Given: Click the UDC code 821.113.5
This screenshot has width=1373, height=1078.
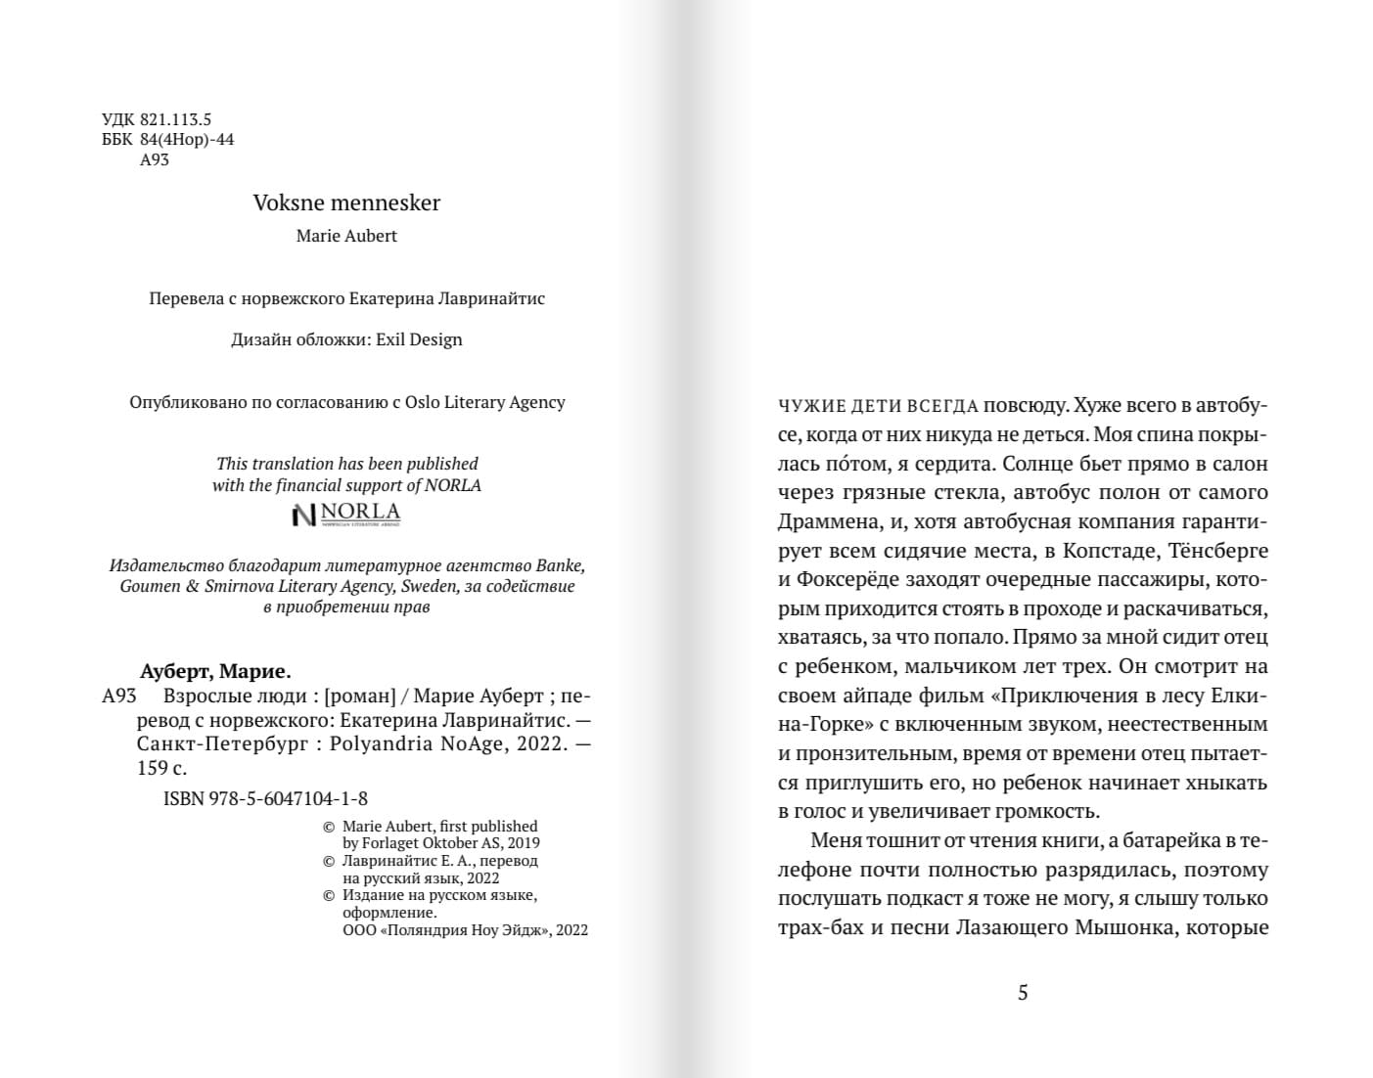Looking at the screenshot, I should point(175,119).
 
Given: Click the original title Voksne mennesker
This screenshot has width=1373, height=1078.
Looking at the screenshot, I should point(346,202).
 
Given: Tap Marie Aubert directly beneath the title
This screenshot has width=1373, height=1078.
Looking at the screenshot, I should point(346,236).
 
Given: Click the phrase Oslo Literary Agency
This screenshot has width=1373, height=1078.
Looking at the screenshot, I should point(484,402).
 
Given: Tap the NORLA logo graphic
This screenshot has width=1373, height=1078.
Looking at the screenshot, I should point(346,514).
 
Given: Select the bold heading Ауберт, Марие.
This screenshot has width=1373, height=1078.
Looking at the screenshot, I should point(215,671).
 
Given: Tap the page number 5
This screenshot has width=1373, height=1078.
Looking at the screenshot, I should point(1023,993).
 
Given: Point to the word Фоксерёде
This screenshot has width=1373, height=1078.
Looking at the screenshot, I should point(847,579).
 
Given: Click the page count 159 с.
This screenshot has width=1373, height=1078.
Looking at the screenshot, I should point(161,767).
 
